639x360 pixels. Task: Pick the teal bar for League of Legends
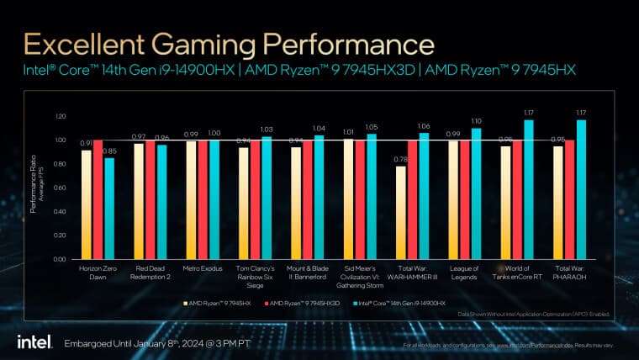point(475,193)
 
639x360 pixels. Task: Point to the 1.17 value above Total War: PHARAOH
point(579,112)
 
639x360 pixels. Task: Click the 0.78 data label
point(400,159)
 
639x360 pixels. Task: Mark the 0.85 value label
point(109,151)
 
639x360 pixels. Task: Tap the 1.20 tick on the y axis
point(59,116)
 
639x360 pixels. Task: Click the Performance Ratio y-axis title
point(36,188)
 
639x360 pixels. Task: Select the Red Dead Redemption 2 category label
point(150,274)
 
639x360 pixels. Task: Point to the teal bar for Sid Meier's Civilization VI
point(371,197)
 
